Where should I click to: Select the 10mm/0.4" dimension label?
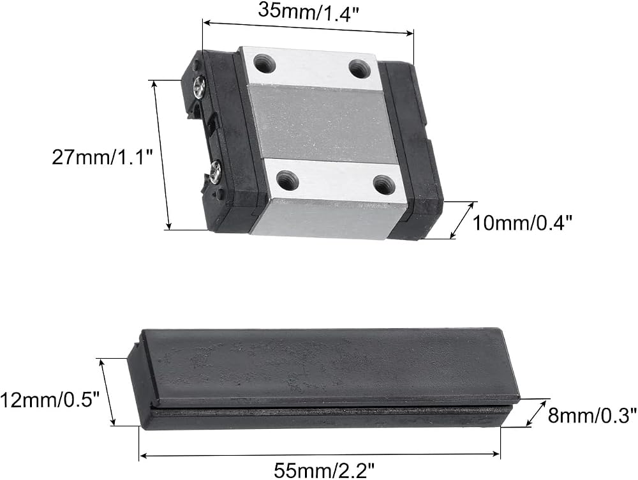(x=523, y=223)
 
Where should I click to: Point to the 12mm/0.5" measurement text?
(x=50, y=400)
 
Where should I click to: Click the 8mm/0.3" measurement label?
(x=592, y=416)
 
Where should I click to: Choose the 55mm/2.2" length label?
(x=324, y=471)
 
